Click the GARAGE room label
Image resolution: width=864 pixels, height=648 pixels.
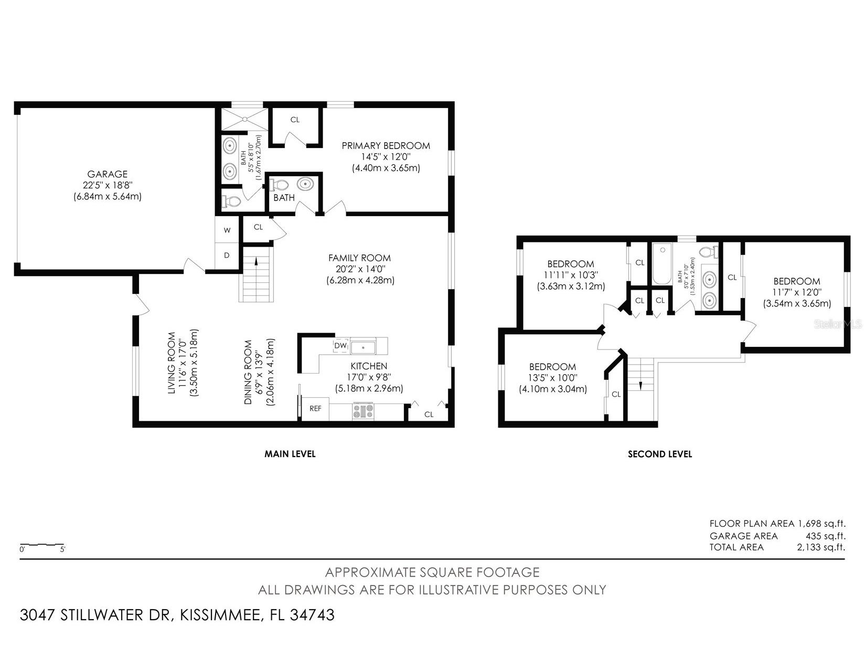pos(108,174)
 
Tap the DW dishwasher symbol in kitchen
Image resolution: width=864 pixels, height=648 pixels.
pos(340,346)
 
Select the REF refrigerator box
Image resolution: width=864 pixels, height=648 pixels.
pos(315,409)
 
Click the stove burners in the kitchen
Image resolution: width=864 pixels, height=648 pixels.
pos(364,410)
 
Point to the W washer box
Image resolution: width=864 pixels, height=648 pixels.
pos(227,230)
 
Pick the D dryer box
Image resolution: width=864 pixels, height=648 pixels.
pos(227,256)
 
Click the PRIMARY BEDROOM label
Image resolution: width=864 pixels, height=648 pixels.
pos(386,146)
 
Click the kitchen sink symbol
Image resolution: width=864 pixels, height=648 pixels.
pos(363,347)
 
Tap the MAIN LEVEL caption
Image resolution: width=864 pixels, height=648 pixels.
pos(290,454)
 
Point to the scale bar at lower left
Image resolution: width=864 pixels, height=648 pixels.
pos(42,545)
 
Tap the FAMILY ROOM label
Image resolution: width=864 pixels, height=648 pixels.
pos(359,258)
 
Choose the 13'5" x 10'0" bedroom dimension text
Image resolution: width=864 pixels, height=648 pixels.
pos(552,378)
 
